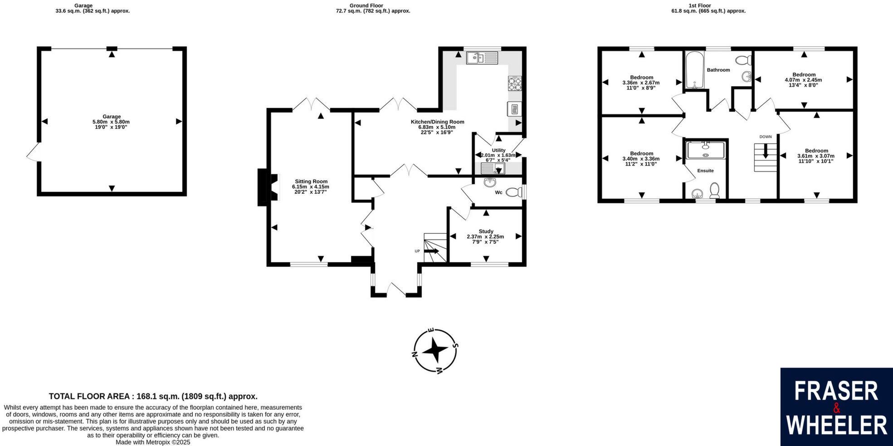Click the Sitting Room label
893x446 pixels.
pos(311,181)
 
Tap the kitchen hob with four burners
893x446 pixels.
pos(514,83)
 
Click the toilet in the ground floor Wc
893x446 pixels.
pos(513,192)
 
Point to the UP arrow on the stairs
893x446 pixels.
pos(431,251)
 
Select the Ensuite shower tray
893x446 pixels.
pos(705,150)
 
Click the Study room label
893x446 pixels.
pos(486,231)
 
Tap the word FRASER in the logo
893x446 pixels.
pos(836,391)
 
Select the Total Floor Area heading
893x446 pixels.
pos(153,396)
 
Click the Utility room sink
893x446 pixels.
pos(493,169)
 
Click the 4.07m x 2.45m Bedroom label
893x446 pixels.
pos(803,80)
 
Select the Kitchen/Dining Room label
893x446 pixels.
pos(437,122)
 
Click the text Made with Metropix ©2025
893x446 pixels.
pos(153,442)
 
